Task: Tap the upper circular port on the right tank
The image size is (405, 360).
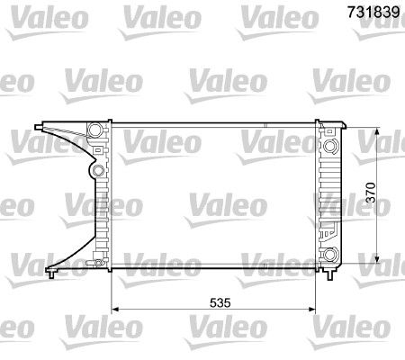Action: tap(331, 146)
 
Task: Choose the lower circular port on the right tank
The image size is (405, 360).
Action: tap(331, 253)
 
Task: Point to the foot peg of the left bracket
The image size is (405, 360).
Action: tap(53, 269)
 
